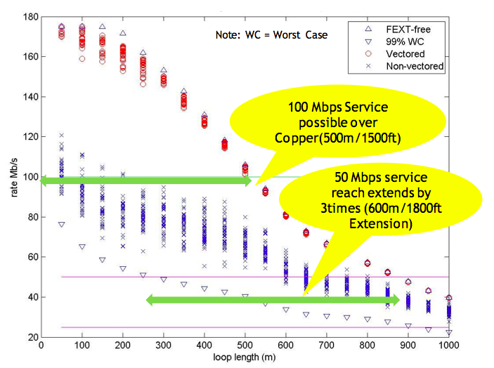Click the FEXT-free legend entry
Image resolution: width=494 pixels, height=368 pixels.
point(408,29)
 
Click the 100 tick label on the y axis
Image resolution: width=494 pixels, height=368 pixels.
point(29,177)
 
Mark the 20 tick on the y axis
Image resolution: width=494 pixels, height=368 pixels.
point(32,338)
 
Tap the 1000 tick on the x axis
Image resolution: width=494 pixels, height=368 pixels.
point(449,346)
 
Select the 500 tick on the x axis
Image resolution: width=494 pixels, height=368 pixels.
point(245,346)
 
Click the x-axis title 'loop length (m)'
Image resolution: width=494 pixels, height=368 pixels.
point(245,357)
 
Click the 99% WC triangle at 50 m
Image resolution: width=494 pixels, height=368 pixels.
point(62,225)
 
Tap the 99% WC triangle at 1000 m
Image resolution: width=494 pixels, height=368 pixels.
point(449,332)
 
